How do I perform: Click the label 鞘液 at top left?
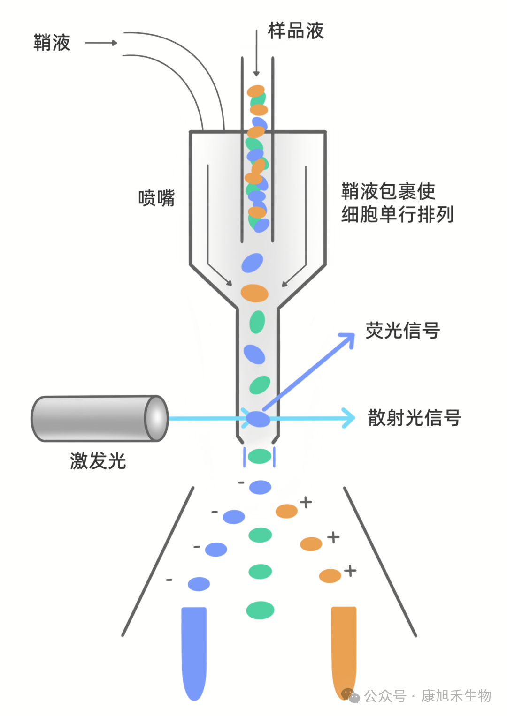(x=52, y=43)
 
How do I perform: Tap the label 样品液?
(x=296, y=31)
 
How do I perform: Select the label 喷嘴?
(x=156, y=198)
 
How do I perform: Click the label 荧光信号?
(x=402, y=331)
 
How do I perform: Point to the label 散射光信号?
(x=414, y=418)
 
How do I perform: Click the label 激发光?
(x=98, y=461)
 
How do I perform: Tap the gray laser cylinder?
(x=99, y=419)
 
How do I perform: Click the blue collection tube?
(x=194, y=652)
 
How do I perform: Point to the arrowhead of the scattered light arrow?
(x=348, y=418)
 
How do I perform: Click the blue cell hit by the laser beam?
(x=258, y=418)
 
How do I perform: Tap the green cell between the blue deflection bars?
(x=260, y=456)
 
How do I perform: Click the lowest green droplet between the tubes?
(x=260, y=610)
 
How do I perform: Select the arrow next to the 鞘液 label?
(x=101, y=43)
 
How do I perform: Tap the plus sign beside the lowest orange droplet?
(x=350, y=571)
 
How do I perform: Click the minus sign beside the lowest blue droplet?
(x=169, y=580)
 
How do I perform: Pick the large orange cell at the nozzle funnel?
(x=254, y=293)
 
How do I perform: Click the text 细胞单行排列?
(x=397, y=215)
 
